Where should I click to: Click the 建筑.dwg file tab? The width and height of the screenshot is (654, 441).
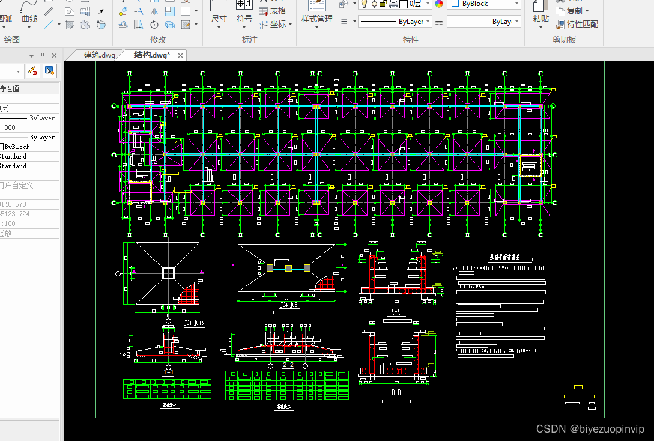point(99,55)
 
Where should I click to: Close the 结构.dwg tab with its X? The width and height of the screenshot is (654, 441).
point(180,56)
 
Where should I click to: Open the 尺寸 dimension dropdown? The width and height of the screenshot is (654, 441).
point(219,19)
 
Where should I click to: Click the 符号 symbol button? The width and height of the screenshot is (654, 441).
point(244,19)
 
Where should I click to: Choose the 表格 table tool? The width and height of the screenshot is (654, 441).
point(273,11)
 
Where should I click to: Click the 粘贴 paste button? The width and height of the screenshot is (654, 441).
point(540,19)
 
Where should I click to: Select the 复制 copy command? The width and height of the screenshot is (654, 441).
point(573,11)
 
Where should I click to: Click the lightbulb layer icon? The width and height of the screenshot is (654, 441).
point(363,4)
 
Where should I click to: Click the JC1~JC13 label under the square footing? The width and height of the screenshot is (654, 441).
point(194,323)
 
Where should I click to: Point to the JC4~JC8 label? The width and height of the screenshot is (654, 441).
point(289,305)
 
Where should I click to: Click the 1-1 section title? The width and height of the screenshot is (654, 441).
point(168,373)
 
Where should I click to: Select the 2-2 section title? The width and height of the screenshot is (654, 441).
point(288,365)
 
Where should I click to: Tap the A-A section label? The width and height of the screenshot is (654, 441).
point(395,312)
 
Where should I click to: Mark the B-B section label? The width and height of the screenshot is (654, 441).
point(396,392)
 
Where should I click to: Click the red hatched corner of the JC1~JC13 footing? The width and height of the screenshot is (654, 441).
point(189,293)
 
